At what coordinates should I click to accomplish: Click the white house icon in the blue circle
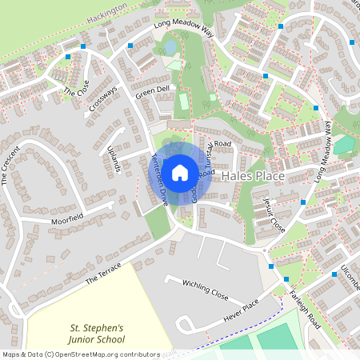[x=180, y=172]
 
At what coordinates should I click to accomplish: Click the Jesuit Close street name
[x=274, y=214]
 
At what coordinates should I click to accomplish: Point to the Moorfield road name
[x=67, y=218]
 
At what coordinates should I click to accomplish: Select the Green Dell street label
[x=152, y=93]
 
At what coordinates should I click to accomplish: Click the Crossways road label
[x=103, y=98]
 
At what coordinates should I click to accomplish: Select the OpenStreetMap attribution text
[x=80, y=354]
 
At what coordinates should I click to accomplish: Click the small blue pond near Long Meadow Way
[x=170, y=48]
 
